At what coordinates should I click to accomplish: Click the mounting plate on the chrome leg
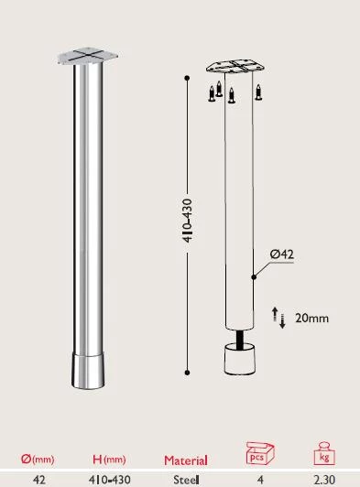pos(88,55)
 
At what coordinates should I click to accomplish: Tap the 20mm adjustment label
pos(312,319)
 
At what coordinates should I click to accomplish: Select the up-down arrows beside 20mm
pos(278,319)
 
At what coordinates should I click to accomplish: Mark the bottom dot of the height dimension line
pos(187,371)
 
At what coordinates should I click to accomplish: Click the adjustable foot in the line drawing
pos(236,359)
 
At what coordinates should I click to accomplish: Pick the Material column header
pos(186,460)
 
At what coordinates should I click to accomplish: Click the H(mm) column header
pos(109,460)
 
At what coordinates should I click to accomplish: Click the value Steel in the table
pos(185,479)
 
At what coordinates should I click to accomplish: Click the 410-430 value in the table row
pos(109,479)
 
